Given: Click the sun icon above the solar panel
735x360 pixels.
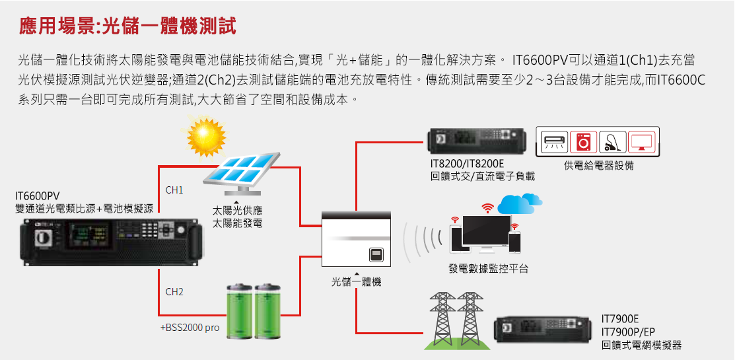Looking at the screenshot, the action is click(x=206, y=138).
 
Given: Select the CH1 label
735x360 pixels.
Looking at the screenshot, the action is click(x=174, y=191).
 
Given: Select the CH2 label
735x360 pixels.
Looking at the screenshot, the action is click(x=174, y=292).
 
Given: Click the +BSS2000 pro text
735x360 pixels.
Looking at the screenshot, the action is click(x=190, y=328).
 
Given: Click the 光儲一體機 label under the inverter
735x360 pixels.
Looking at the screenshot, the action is click(x=356, y=281).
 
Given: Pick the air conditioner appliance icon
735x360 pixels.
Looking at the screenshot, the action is click(x=555, y=141).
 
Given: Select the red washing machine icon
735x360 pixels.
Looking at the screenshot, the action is click(x=584, y=141).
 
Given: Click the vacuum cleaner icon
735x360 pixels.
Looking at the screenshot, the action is click(x=613, y=141).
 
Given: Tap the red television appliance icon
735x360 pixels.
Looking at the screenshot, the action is click(x=642, y=141).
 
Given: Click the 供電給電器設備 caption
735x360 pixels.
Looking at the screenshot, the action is click(x=598, y=166).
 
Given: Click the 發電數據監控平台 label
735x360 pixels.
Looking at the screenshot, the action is click(x=488, y=269).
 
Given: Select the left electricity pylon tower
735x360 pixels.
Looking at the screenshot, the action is click(x=442, y=318).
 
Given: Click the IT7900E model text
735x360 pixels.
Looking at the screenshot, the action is click(x=620, y=319).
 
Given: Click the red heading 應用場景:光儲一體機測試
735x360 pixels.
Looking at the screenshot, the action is click(x=127, y=26).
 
